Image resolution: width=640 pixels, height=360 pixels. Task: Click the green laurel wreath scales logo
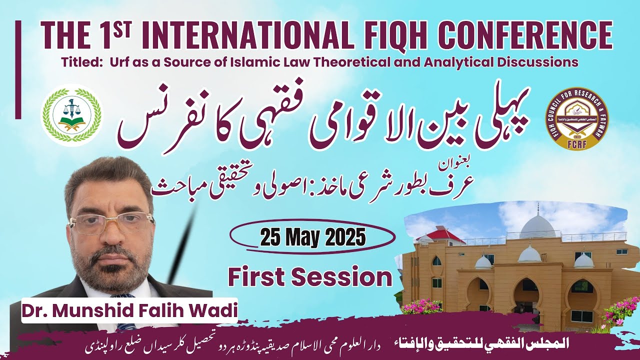71,115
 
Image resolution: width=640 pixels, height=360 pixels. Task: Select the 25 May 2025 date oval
312,237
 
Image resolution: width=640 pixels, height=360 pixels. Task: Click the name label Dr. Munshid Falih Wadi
129,310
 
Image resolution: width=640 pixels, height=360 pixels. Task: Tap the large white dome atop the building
537,226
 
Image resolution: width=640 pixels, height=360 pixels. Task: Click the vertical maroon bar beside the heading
18,69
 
